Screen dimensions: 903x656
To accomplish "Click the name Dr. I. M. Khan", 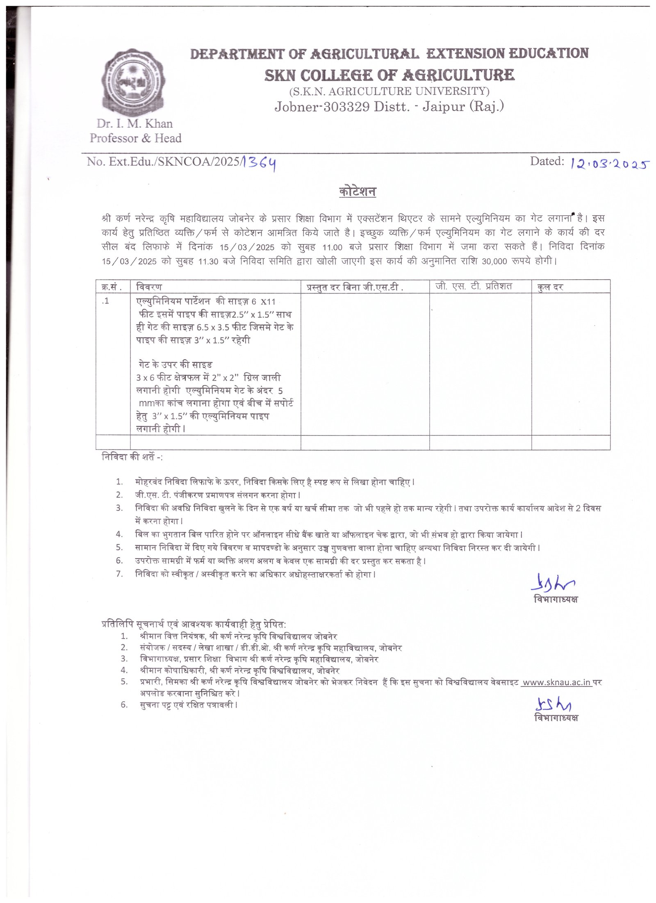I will [x=135, y=123].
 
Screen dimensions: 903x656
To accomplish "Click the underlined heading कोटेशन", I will [x=358, y=192].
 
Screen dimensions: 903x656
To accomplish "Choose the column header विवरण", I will [x=149, y=287].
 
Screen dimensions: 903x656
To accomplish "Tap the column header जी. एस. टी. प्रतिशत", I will [x=474, y=286].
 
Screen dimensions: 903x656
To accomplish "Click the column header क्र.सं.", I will [x=112, y=287].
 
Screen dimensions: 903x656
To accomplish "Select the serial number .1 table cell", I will [x=106, y=301].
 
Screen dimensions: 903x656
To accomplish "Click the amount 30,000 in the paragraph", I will [x=494, y=261].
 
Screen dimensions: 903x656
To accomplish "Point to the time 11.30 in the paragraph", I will [x=208, y=261].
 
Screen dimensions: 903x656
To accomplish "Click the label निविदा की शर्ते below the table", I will [x=131, y=457].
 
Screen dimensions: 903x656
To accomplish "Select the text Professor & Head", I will [x=136, y=138].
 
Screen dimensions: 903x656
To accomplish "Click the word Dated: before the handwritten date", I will [x=547, y=161].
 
